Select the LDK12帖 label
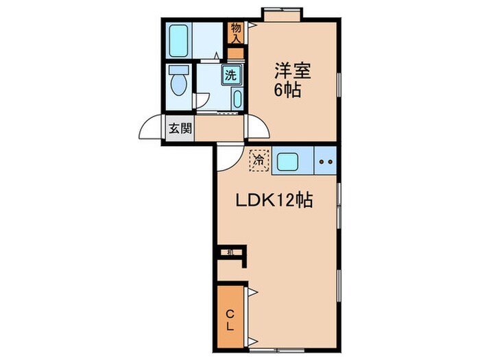click(275, 201)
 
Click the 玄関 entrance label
click(181, 129)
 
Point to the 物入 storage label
click(236, 32)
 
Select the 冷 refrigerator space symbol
click(259, 160)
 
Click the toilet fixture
click(178, 82)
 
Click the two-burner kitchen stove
click(325, 163)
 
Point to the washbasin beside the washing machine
click(237, 97)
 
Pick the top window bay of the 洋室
click(282, 13)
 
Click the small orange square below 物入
click(236, 52)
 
